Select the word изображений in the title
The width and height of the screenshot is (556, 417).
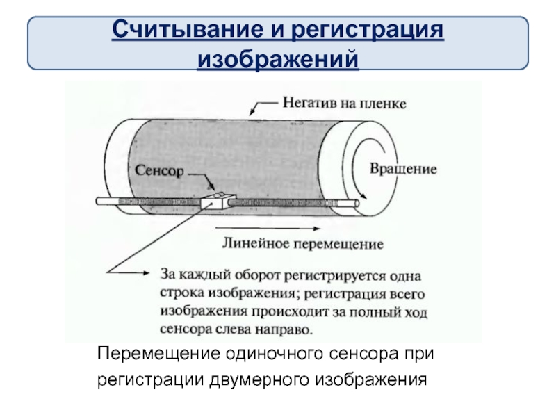click(278, 58)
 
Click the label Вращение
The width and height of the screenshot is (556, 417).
click(402, 168)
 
